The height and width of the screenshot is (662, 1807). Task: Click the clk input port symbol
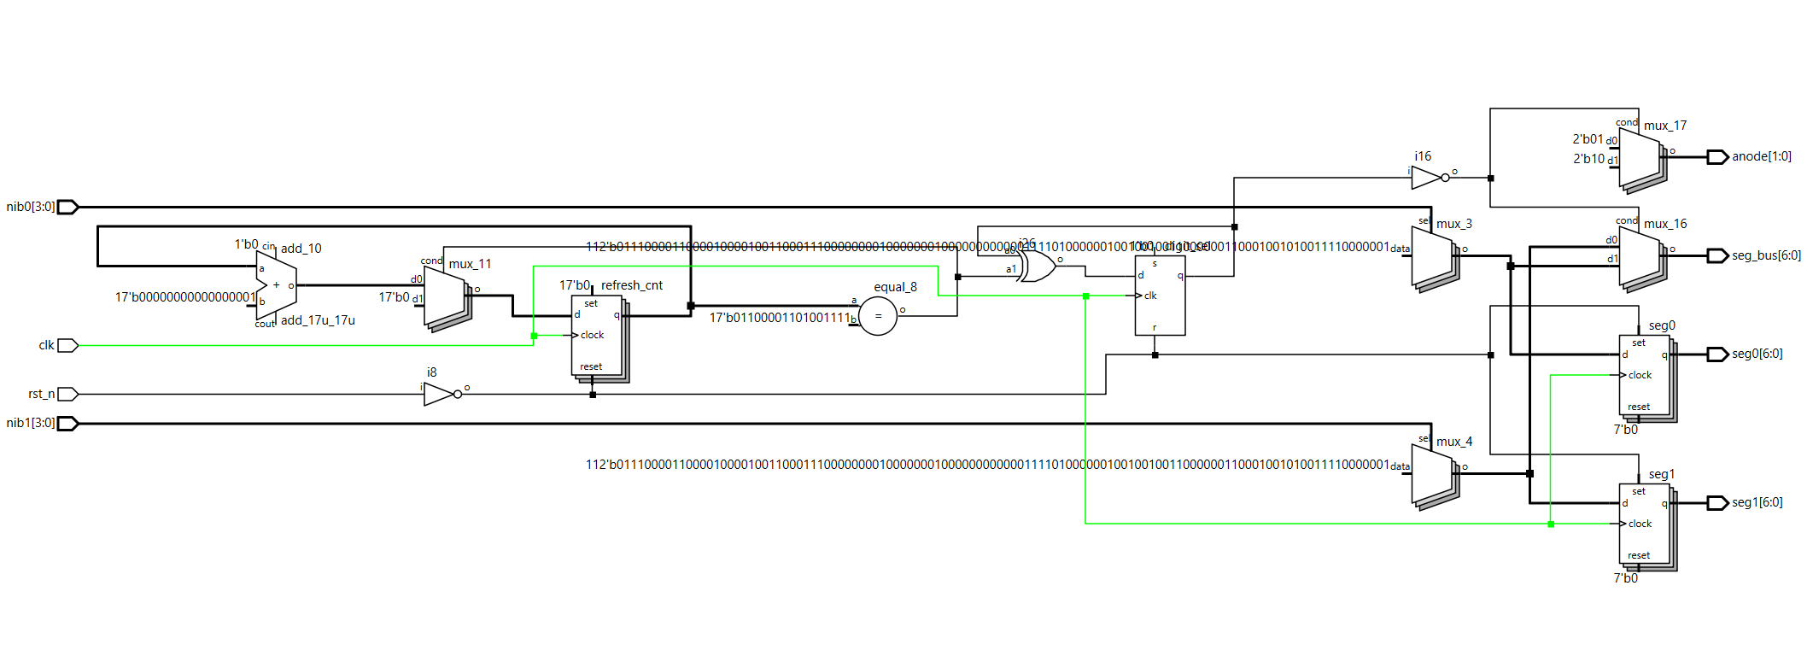pyautogui.click(x=67, y=345)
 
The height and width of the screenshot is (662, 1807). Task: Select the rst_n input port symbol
pyautogui.click(x=67, y=394)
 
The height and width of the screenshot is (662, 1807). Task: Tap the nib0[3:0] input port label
pyautogui.click(x=31, y=207)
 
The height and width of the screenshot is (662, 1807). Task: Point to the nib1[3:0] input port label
pyautogui.click(x=31, y=423)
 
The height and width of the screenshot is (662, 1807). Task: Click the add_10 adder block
pyautogui.click(x=276, y=285)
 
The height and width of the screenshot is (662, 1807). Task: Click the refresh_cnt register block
pyautogui.click(x=597, y=336)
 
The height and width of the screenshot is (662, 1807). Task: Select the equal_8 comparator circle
pyautogui.click(x=878, y=316)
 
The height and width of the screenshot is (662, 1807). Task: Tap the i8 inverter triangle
pyautogui.click(x=439, y=394)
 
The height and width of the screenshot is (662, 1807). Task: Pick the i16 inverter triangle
pyautogui.click(x=1426, y=178)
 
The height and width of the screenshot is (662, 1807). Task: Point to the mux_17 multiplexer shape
pyautogui.click(x=1640, y=157)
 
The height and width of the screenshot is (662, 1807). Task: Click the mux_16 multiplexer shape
pyautogui.click(x=1640, y=255)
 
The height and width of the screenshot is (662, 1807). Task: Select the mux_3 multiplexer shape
pyautogui.click(x=1432, y=255)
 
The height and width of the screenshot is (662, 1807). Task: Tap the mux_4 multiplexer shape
pyautogui.click(x=1432, y=473)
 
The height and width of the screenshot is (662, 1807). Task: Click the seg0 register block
pyautogui.click(x=1645, y=376)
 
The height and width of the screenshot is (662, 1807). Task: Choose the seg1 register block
pyautogui.click(x=1645, y=524)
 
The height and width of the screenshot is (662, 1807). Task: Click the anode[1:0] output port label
pyautogui.click(x=1762, y=156)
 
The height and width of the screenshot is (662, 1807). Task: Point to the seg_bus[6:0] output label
pyautogui.click(x=1766, y=255)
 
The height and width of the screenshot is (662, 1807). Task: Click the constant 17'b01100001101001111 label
pyautogui.click(x=780, y=318)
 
